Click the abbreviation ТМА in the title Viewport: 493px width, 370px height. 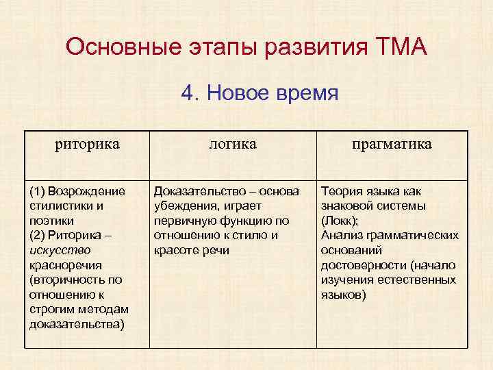pyautogui.click(x=401, y=47)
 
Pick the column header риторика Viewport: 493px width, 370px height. pyautogui.click(x=87, y=144)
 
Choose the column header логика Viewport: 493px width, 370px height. pyautogui.click(x=233, y=144)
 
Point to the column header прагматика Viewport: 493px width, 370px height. pyautogui.click(x=392, y=144)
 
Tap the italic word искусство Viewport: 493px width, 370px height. pyautogui.click(x=60, y=249)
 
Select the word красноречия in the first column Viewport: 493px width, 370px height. pyautogui.click(x=66, y=264)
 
